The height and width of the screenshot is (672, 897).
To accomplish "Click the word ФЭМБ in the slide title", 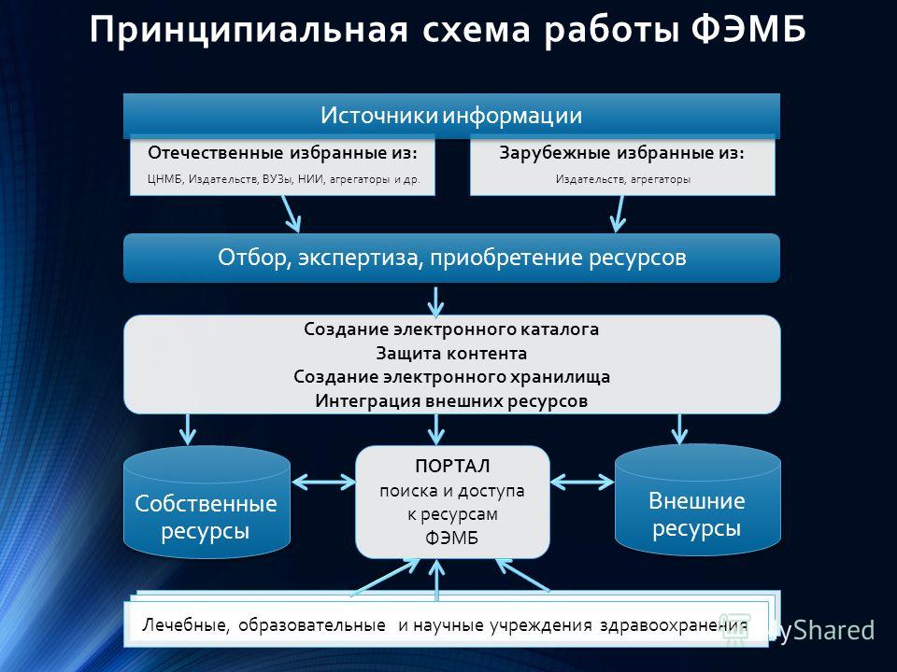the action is pos(748,29).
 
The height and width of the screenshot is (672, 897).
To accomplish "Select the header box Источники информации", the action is pos(451,116).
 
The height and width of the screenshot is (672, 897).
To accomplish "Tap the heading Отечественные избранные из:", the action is pos(282,153).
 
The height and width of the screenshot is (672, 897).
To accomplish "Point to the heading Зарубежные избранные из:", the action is pos(622,153).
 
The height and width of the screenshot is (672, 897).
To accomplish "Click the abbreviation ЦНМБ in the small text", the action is pos(164,179).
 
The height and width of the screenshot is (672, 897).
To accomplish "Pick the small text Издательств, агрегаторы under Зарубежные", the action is pos(623,179).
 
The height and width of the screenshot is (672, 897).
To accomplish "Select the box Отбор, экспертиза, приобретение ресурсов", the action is pos(451,258).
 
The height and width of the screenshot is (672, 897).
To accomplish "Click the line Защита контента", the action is pos(451,354).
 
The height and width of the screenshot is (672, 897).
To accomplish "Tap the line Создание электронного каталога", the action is pos(451,329).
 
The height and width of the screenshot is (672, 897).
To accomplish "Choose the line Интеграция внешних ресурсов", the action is pos(451,401).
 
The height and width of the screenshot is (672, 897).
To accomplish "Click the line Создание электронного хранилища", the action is pos(451,377).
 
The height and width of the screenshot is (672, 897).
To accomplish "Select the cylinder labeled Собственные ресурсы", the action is pos(206,502).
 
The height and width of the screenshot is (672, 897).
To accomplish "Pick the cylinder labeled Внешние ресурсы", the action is pos(697,499).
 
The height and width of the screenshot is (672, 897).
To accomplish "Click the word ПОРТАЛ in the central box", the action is pos(452,467).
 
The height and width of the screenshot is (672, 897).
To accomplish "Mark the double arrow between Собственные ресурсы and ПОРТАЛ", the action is pos(323,483).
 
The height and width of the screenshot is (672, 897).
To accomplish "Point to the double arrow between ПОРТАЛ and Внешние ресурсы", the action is pos(582,483).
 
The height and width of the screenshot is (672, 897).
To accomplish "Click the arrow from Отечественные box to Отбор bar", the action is pos(292,214).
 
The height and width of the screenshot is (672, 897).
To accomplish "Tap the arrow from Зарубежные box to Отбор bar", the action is pos(619,214).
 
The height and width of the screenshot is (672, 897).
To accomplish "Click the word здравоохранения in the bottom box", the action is pos(674,625).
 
